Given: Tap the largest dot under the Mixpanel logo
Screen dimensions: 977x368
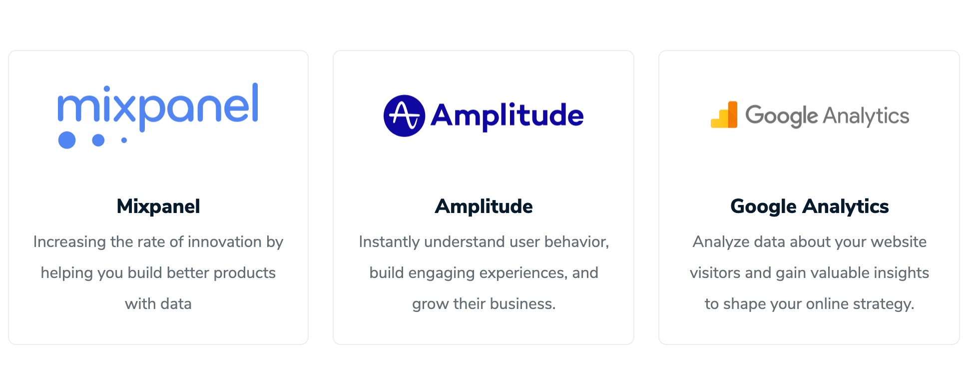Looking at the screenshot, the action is pos(67,140).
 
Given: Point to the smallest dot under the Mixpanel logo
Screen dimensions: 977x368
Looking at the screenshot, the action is pos(124,140).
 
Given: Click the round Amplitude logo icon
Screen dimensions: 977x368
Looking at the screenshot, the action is pos(404,115).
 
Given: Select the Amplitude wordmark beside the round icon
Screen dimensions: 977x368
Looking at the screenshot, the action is pos(507,116).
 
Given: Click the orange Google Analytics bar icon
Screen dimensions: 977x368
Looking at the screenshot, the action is pos(724,114).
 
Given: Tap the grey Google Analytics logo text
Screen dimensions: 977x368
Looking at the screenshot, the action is pos(827,116).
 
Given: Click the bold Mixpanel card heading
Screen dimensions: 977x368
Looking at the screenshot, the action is pos(158,206).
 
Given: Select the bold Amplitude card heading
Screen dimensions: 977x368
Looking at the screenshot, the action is pos(484,206).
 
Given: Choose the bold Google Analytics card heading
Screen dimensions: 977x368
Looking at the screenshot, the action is pos(809,206).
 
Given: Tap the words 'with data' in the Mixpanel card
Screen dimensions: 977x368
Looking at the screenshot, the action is pos(158,303).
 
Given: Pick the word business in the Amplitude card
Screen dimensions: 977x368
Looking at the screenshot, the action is pos(522,303).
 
